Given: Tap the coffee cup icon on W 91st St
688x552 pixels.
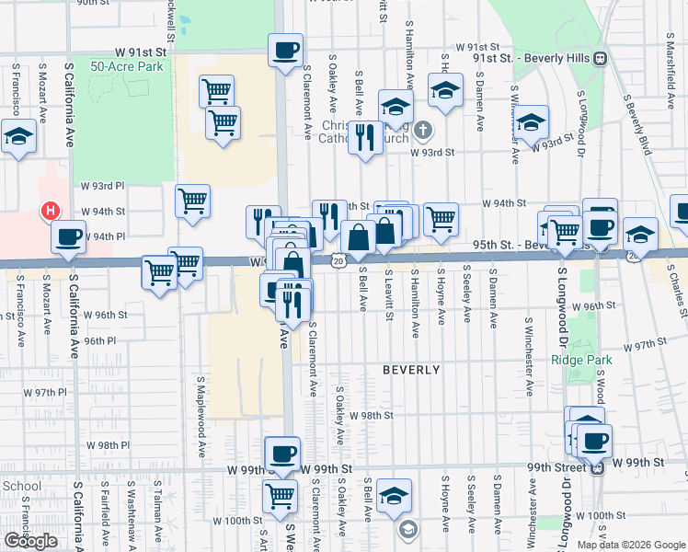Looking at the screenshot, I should pyautogui.click(x=285, y=49).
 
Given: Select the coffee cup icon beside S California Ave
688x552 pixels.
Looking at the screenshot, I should pyautogui.click(x=69, y=236).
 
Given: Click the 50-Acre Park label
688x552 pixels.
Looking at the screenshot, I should pyautogui.click(x=126, y=66).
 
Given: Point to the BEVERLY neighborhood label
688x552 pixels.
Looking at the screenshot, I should pyautogui.click(x=411, y=370).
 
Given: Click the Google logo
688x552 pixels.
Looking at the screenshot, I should pyautogui.click(x=30, y=541).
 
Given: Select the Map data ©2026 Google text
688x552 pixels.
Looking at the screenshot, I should pyautogui.click(x=631, y=545).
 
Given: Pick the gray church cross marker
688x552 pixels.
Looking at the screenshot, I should pyautogui.click(x=422, y=129).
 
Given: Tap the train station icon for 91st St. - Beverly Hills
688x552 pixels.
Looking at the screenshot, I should pyautogui.click(x=600, y=58).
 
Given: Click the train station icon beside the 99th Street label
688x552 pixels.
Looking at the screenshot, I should pyautogui.click(x=597, y=468).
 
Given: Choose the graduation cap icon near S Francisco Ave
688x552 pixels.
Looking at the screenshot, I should pyautogui.click(x=17, y=138).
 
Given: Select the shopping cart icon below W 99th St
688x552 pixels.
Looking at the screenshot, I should pyautogui.click(x=280, y=497).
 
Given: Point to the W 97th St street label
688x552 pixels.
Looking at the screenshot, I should pyautogui.click(x=644, y=345).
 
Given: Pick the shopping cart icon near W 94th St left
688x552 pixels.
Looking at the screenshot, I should pyautogui.click(x=192, y=201).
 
